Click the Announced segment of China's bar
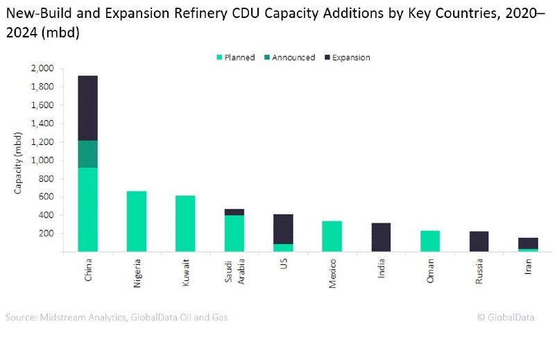[x=87, y=154]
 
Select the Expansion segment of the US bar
[x=282, y=229]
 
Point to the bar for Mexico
[x=332, y=236]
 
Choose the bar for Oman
[x=429, y=241]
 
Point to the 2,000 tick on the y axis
[x=41, y=69]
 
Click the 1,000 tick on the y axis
[x=41, y=160]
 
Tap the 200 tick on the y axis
[x=45, y=233]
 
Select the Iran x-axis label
[x=528, y=265]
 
